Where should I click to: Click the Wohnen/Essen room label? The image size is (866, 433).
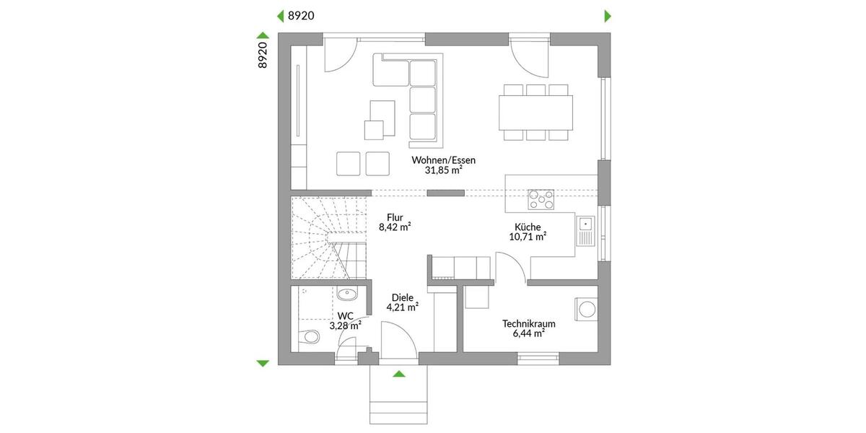point(443,160)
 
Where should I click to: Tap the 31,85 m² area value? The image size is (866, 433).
point(443,172)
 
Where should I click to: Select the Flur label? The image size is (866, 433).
point(394,216)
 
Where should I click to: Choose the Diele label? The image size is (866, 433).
point(402,297)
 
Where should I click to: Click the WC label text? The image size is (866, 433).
point(345,316)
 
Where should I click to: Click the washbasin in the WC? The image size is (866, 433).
point(346,294)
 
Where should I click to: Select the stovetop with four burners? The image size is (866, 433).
point(542,198)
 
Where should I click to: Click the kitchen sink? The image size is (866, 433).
point(585,230)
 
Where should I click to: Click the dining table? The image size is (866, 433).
point(538,113)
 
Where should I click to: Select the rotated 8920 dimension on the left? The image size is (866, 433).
point(263,55)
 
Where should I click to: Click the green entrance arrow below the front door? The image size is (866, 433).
point(398,374)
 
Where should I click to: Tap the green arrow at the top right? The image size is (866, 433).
point(608,16)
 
